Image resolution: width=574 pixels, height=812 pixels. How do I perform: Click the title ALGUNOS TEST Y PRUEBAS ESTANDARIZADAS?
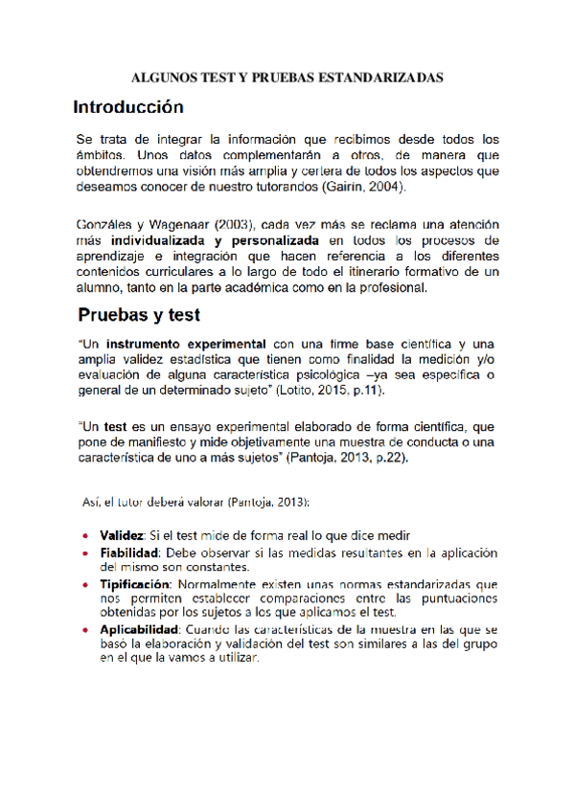click(x=287, y=77)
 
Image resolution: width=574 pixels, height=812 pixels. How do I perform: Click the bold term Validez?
click(x=122, y=534)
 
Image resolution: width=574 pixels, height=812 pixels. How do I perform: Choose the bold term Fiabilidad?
click(x=128, y=553)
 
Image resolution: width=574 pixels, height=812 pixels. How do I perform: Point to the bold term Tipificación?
click(x=134, y=584)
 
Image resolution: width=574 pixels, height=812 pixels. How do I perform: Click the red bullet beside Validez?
click(x=86, y=535)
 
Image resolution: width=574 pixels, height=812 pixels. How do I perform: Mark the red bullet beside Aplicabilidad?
click(x=86, y=630)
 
